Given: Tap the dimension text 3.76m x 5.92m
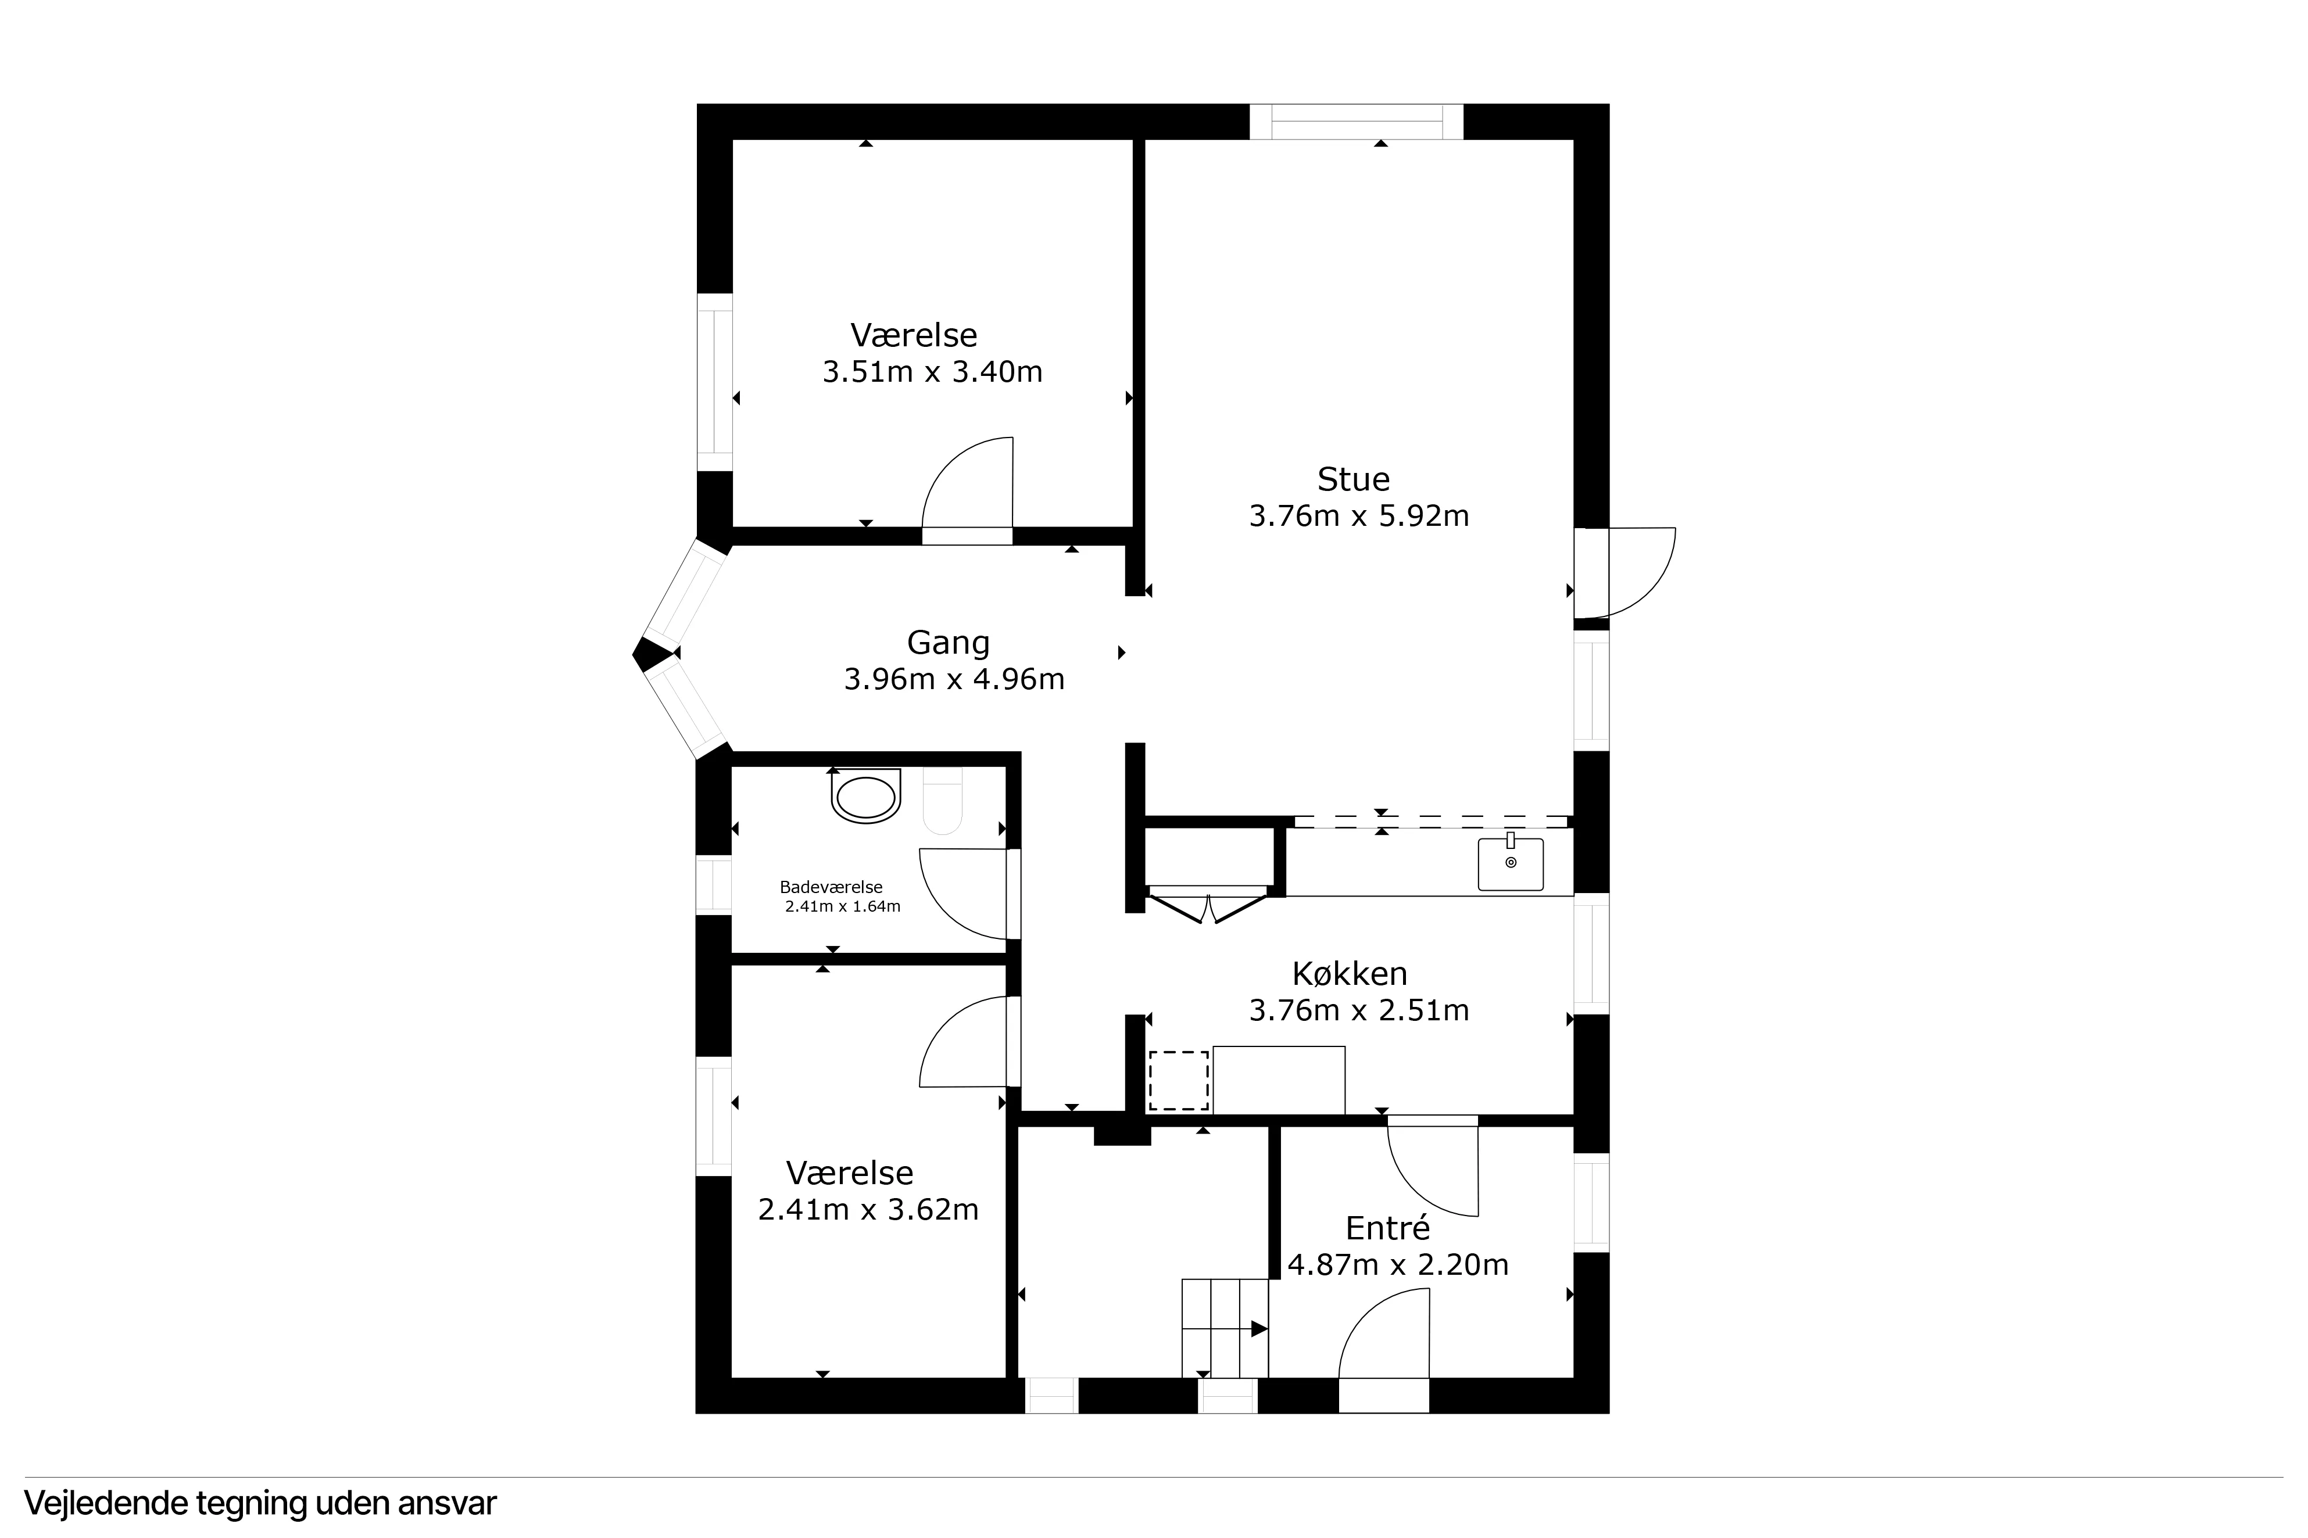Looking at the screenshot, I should [1358, 516].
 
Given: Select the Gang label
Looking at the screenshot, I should [947, 643].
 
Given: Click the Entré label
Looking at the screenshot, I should [1387, 1228].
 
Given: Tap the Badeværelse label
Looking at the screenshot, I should [831, 888].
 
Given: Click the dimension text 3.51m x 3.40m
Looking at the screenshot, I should [932, 372].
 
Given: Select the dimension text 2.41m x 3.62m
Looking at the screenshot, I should [868, 1209].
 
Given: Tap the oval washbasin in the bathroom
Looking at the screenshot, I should [865, 797].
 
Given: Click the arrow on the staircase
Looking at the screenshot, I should [1258, 1329].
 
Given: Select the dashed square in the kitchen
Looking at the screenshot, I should [1178, 1080].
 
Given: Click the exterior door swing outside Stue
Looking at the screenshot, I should [1633, 574].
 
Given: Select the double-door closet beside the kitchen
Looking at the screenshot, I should [1207, 904].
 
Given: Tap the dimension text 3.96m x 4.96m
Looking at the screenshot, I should [953, 679].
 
